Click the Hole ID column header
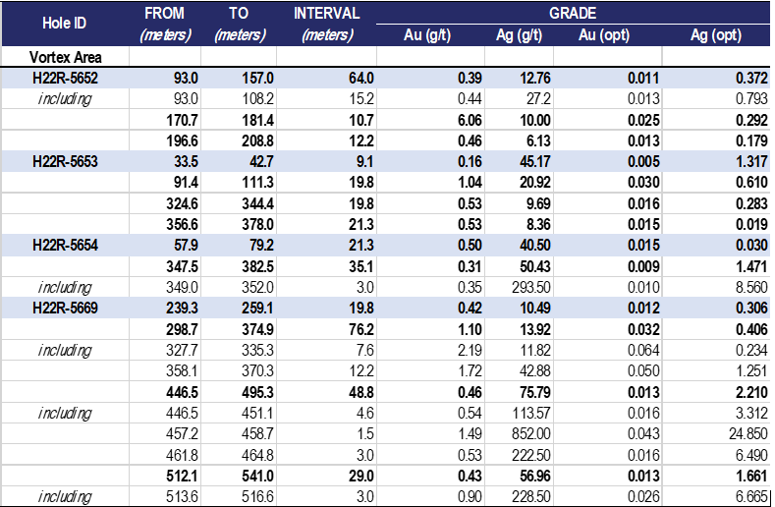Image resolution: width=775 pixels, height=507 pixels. click(x=64, y=24)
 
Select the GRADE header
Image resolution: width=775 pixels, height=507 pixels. click(x=573, y=13)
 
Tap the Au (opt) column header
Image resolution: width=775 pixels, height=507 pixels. click(x=604, y=35)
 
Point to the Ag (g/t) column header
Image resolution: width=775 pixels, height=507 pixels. click(x=519, y=35)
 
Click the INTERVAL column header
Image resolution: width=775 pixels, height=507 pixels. click(x=327, y=13)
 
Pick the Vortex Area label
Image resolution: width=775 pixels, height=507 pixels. click(x=65, y=57)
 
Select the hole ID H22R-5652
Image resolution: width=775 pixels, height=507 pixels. click(x=65, y=79)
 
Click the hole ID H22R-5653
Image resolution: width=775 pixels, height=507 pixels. click(x=65, y=162)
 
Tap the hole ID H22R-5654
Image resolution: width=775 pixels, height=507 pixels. click(x=65, y=246)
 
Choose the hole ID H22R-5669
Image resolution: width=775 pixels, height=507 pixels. click(x=65, y=309)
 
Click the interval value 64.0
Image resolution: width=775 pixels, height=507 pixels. click(x=361, y=79)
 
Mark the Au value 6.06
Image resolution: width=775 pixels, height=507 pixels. click(x=470, y=120)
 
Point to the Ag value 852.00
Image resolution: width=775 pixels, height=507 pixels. click(x=530, y=433)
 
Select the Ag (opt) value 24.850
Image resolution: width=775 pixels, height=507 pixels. click(x=748, y=433)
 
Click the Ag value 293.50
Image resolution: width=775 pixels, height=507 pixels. click(x=530, y=287)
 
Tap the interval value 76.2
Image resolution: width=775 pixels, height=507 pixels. click(x=361, y=329)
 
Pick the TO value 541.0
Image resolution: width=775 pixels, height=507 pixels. click(x=257, y=476)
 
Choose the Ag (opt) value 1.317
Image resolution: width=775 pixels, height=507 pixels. click(x=751, y=162)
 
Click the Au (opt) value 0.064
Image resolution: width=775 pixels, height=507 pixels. click(x=643, y=350)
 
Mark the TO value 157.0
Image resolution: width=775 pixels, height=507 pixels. click(x=257, y=79)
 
